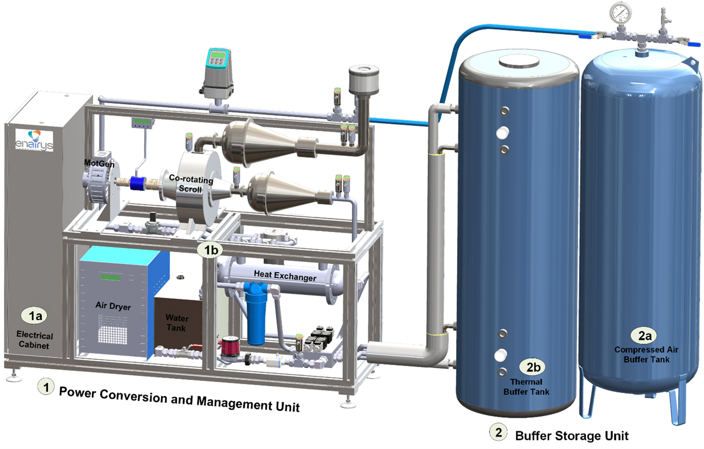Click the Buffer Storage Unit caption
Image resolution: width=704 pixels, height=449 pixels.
pos(572,436)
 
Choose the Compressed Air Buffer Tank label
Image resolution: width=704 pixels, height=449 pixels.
pos(642,354)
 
